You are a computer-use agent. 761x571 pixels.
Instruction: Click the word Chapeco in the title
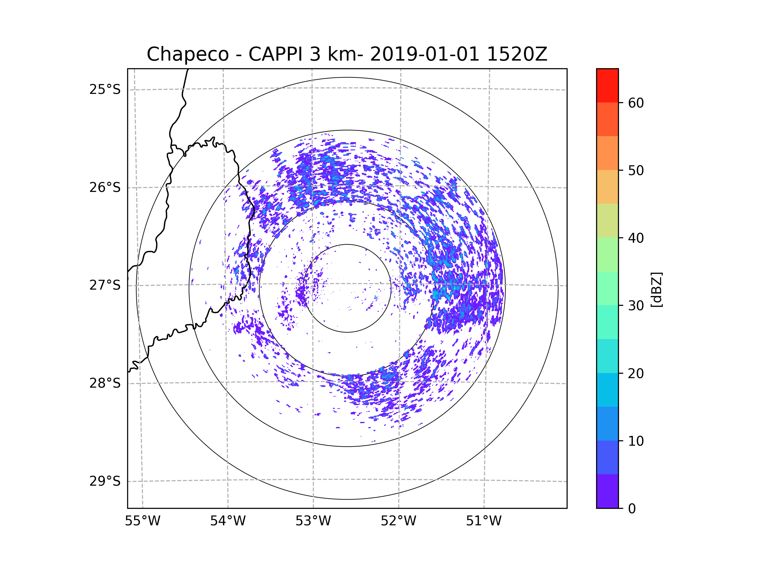[x=187, y=54]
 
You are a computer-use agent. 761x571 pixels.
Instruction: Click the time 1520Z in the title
[x=517, y=54]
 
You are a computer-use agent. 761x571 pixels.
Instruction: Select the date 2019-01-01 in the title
[x=425, y=54]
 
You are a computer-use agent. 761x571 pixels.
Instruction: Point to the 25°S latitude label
[x=105, y=89]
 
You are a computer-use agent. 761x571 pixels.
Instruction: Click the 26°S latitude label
[x=105, y=187]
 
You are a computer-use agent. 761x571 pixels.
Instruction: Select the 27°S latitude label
[x=105, y=285]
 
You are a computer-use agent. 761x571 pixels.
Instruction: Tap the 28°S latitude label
[x=105, y=383]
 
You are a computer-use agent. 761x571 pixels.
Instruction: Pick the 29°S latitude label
[x=105, y=481]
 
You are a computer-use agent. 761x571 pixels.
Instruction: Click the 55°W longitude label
[x=142, y=521]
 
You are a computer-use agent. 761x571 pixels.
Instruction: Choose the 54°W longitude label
[x=228, y=521]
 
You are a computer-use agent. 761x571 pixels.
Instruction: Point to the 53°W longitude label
[x=313, y=521]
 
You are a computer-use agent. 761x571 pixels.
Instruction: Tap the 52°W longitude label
[x=398, y=521]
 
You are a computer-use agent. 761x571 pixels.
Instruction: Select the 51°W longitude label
[x=484, y=521]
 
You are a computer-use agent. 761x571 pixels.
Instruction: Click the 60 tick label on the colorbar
[x=636, y=103]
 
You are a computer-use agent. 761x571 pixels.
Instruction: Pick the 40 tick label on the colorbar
[x=636, y=238]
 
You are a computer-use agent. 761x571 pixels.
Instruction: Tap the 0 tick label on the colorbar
[x=632, y=509]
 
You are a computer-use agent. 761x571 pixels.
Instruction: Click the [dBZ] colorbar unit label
[x=656, y=289]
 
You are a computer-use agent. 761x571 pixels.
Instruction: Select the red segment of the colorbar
[x=607, y=85]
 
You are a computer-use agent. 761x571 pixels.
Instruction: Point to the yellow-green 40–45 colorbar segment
[x=607, y=220]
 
